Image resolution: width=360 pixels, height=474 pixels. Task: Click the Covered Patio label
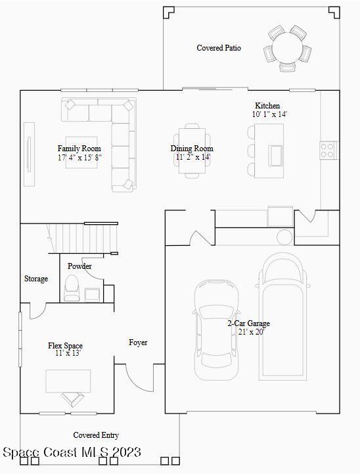pos(219,48)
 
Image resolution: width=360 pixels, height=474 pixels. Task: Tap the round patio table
pos(288,47)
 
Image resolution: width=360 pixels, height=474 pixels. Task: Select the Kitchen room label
pos(267,106)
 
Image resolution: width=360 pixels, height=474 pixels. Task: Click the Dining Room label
pos(192,149)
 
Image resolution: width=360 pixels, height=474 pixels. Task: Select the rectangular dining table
pos(192,151)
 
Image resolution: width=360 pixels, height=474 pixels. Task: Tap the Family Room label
pos(79,149)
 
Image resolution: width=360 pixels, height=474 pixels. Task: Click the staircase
pos(82,237)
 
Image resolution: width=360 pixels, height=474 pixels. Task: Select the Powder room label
pos(79,266)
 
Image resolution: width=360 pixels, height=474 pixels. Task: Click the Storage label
pos(36,279)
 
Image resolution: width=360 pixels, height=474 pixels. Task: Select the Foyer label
pos(138,343)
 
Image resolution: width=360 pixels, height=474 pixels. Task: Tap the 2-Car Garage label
pos(248,323)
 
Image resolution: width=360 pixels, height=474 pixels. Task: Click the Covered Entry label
pos(96,435)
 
